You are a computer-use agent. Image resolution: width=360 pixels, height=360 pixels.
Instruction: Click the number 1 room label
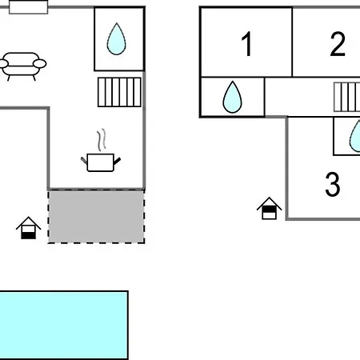pos(247,44)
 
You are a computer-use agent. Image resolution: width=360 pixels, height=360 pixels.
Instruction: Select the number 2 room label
pos(338,44)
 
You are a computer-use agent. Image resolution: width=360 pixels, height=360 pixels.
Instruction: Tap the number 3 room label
pos(333,184)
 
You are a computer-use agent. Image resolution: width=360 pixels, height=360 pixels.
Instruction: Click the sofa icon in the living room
pos(22,66)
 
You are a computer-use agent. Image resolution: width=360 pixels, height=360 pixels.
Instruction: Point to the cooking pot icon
pos(101,162)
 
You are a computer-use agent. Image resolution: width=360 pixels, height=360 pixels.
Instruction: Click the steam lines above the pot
pos(102,140)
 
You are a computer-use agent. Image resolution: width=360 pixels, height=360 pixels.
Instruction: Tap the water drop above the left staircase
pos(117,39)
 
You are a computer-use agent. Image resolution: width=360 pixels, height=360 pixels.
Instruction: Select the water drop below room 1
pos(232,97)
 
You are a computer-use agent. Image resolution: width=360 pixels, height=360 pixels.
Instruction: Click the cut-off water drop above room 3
pos(355,136)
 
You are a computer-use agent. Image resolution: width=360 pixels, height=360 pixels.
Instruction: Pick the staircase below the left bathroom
pos(119,92)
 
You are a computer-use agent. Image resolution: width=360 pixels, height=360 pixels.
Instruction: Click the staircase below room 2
pos(346,97)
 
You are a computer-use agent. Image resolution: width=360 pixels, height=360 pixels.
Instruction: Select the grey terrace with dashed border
pos(96,216)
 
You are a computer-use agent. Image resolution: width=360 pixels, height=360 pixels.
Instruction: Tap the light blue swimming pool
pos(64,326)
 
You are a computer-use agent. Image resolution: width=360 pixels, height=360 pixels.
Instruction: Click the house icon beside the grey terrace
pos(28,228)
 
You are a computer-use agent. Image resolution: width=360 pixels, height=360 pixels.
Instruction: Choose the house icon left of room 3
pos(269,209)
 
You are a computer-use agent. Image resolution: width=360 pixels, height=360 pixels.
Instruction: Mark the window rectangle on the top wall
pos(29,7)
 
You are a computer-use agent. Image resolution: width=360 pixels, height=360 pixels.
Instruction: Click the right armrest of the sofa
pos(40,64)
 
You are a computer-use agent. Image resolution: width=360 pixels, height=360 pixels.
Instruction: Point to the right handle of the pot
pos(117,161)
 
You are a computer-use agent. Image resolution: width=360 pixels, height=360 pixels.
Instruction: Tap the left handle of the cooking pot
pos(84,161)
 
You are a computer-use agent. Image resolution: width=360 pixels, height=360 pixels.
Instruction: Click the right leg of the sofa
pos(34,78)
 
